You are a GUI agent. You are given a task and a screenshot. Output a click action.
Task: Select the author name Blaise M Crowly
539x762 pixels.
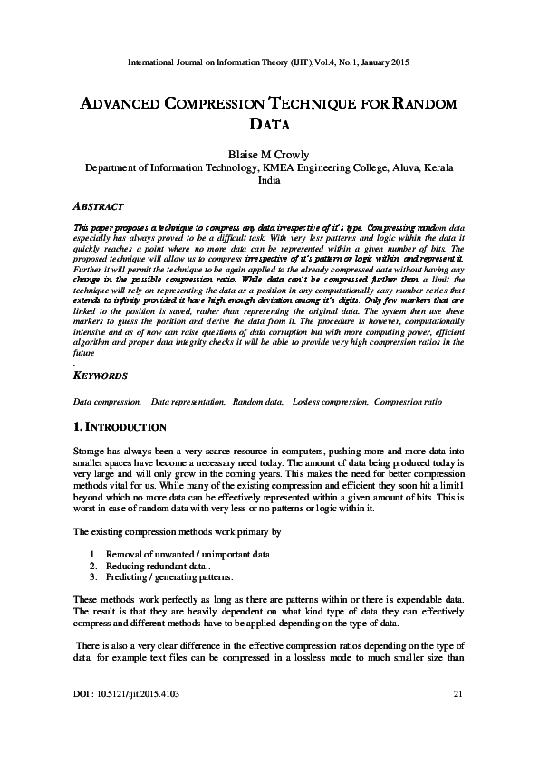pyautogui.click(x=269, y=153)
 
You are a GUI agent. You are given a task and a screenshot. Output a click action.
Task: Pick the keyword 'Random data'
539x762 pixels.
pyautogui.click(x=258, y=400)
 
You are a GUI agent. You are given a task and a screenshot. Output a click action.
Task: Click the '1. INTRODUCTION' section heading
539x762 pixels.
pyautogui.click(x=119, y=425)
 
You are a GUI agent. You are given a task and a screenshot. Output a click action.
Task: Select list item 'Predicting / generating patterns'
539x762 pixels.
pyautogui.click(x=168, y=576)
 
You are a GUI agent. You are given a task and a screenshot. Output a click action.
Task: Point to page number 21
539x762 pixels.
pyautogui.click(x=457, y=693)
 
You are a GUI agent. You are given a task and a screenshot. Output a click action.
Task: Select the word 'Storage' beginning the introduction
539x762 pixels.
pyautogui.click(x=89, y=450)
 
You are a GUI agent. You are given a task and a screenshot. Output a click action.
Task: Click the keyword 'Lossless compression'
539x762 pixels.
pyautogui.click(x=331, y=400)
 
